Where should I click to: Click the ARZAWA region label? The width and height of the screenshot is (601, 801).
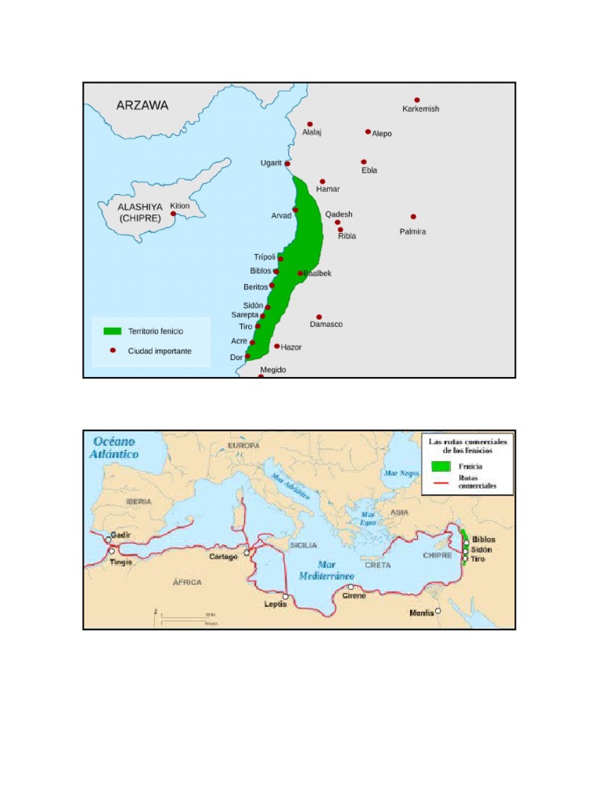(142, 105)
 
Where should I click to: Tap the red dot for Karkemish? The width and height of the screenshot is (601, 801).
(417, 100)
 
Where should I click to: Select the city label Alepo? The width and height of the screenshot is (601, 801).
(382, 134)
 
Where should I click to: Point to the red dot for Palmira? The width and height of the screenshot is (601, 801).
(413, 217)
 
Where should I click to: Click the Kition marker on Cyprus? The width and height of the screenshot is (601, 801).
(173, 214)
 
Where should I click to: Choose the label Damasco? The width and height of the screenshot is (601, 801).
(326, 324)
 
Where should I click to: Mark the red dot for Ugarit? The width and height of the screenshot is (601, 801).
(287, 163)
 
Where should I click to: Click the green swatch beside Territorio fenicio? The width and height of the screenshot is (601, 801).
(112, 332)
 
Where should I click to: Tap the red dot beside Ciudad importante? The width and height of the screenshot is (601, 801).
(112, 350)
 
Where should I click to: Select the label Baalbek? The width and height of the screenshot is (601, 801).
(318, 273)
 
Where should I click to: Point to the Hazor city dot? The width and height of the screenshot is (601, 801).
(277, 346)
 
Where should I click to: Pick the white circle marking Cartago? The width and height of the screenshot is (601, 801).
(247, 552)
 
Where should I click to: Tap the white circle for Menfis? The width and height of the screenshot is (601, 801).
(438, 611)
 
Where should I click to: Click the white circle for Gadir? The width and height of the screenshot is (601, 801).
(109, 540)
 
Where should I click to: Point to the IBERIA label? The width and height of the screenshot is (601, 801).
(138, 501)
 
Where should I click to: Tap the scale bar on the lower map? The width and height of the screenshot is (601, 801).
(187, 619)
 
